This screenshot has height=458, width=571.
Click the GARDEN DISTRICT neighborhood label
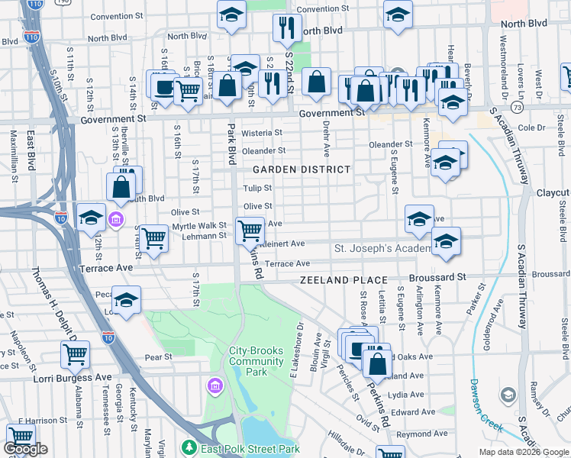[x=302, y=169]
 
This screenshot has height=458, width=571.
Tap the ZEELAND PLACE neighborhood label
[x=343, y=280]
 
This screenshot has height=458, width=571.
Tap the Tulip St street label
[x=257, y=188]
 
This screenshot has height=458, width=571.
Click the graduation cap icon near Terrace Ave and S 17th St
[x=127, y=298]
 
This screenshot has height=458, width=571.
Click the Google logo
[x=25, y=450]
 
